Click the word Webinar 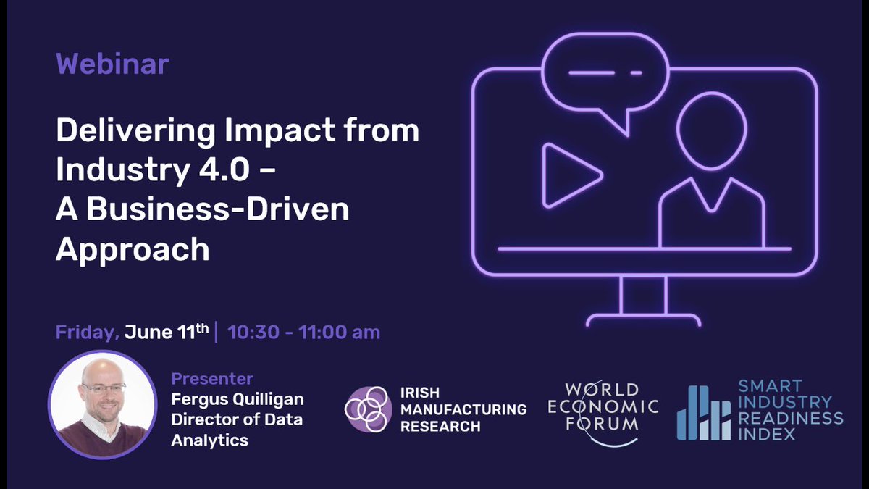pos(112,64)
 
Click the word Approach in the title pos(133,248)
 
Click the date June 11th pos(167,333)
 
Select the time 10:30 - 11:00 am pos(303,333)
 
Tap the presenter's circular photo pos(102,404)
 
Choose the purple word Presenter pos(212,378)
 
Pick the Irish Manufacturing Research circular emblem pos(369,409)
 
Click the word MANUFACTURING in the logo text pos(463,409)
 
